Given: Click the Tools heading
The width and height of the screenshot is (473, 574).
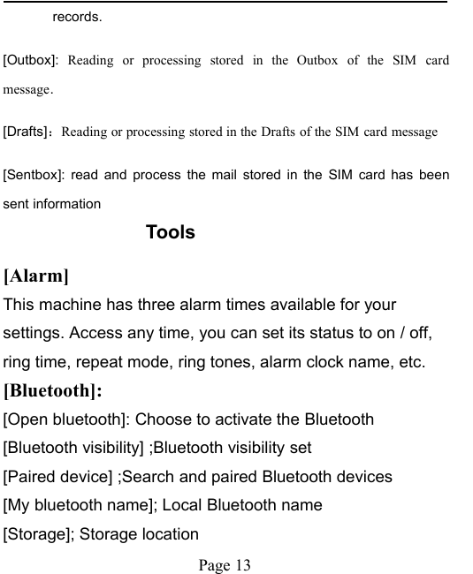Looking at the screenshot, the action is click(x=170, y=232).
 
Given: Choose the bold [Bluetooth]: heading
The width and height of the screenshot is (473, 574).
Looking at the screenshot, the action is click(x=53, y=390).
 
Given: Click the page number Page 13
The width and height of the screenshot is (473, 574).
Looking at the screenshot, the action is click(x=225, y=563).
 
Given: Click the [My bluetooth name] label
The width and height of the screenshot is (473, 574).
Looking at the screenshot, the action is click(x=80, y=505).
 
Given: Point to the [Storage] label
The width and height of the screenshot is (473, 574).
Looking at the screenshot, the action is click(x=38, y=533).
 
